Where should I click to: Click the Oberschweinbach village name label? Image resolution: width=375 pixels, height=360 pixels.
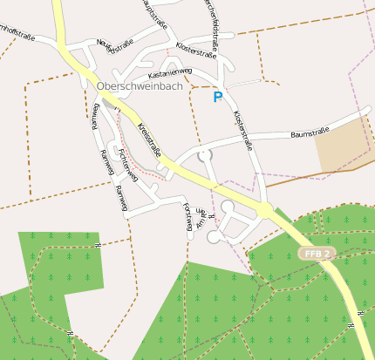[140, 85]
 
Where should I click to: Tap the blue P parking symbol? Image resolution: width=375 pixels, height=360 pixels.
[217, 98]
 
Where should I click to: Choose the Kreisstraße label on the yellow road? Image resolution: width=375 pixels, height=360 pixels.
[149, 140]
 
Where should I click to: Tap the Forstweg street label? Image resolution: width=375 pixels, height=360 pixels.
[188, 219]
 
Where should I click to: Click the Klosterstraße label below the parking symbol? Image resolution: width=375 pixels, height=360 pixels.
[242, 130]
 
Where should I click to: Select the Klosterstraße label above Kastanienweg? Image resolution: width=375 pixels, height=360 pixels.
[196, 51]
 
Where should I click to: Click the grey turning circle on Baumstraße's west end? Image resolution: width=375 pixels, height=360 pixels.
[205, 155]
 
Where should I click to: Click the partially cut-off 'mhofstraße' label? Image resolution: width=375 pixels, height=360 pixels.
[19, 32]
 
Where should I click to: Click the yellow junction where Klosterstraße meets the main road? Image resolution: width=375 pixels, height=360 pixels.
[264, 211]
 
